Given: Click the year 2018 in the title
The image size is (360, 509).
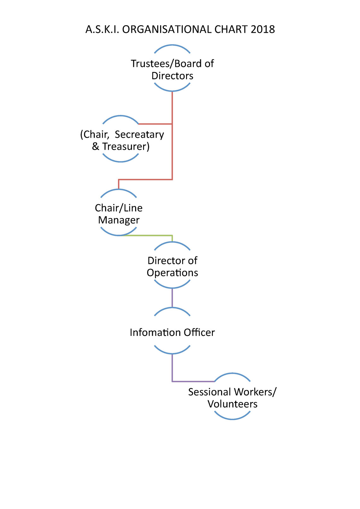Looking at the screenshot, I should (x=262, y=29).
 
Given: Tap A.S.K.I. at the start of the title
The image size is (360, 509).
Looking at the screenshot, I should (x=102, y=29).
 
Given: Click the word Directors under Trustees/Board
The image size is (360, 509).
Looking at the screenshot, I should (x=172, y=76).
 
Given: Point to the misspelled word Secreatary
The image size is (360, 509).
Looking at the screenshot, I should (x=139, y=135).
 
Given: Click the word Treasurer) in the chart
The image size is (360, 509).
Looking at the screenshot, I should (x=126, y=147).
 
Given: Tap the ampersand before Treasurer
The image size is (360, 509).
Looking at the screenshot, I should (x=95, y=147).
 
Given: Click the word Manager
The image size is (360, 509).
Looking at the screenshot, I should (x=119, y=220).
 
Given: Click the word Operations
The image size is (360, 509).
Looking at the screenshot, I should (x=172, y=273).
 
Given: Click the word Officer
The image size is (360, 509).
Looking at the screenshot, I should (x=199, y=332).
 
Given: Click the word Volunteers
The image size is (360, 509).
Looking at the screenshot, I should (x=232, y=404).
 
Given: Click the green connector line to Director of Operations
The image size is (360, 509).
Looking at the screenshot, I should (x=148, y=236).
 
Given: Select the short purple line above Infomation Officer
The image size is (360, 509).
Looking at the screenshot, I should (x=172, y=298).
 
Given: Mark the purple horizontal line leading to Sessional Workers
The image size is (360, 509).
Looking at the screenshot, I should (x=193, y=381).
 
